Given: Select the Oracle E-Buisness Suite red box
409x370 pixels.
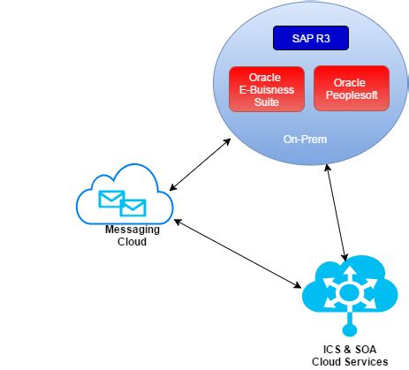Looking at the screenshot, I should (x=266, y=88).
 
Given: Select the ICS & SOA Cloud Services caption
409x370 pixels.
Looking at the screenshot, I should (x=349, y=355).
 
